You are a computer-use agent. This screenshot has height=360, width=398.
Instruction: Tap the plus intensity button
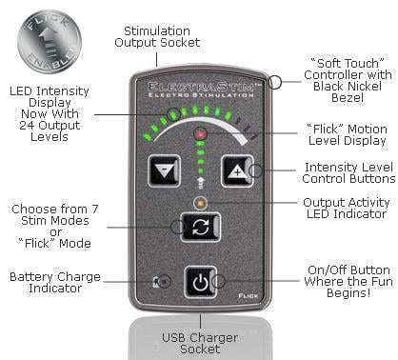233,172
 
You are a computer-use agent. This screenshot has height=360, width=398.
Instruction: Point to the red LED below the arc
200,135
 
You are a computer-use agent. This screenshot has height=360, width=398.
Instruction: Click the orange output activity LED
200,202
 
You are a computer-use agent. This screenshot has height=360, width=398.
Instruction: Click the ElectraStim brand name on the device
200,87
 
